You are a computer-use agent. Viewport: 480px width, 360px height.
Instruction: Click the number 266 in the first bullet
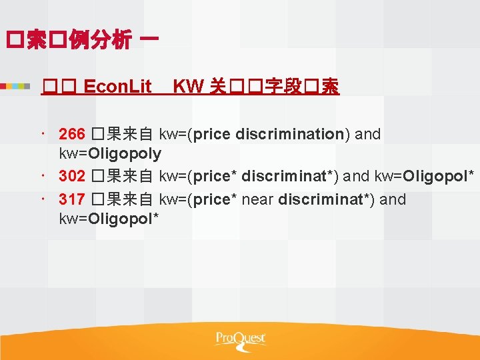pos(72,134)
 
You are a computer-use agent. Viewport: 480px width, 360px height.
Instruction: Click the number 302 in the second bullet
pos(72,177)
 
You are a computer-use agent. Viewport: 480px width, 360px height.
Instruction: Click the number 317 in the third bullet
pos(72,199)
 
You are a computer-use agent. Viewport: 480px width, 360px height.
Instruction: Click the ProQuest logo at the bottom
pos(240,339)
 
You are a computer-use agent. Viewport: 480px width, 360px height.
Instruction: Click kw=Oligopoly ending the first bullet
pos(110,154)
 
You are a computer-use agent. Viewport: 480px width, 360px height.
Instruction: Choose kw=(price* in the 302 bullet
pos(198,177)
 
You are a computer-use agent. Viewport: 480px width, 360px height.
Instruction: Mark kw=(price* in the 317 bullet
pos(198,199)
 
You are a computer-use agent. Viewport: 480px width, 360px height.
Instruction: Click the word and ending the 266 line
pos(367,134)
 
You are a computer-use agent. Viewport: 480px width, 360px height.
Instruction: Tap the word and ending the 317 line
pos(392,199)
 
